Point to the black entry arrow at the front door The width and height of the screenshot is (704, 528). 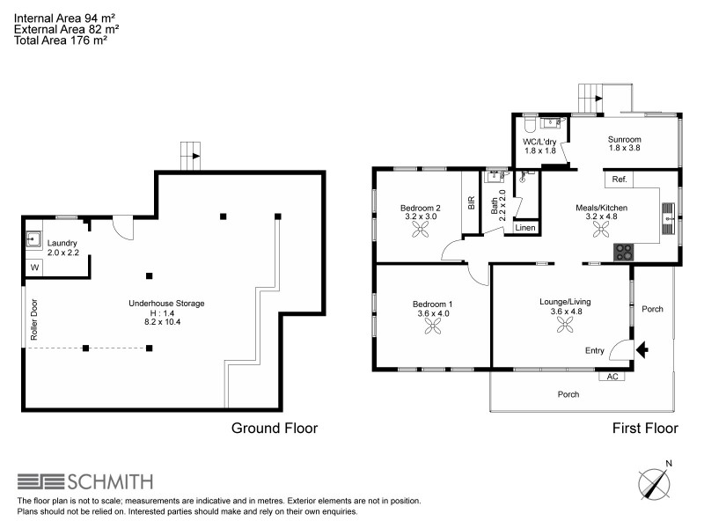point(642,349)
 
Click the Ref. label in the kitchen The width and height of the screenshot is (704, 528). point(619,180)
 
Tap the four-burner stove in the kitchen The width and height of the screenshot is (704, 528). point(623,251)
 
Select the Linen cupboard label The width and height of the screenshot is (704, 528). point(525,228)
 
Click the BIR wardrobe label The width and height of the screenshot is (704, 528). point(471,202)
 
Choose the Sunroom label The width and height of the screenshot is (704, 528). point(624,139)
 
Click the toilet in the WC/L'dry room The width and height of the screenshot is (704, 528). point(529,122)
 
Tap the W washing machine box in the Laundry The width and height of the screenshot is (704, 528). point(35,266)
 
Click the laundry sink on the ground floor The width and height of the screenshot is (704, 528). point(35,237)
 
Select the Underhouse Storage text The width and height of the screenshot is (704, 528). point(165,304)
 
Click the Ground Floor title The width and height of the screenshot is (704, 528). point(274,429)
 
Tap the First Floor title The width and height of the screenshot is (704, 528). point(645,429)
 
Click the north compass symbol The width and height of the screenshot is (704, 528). point(655,483)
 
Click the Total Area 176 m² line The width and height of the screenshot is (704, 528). point(61,40)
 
